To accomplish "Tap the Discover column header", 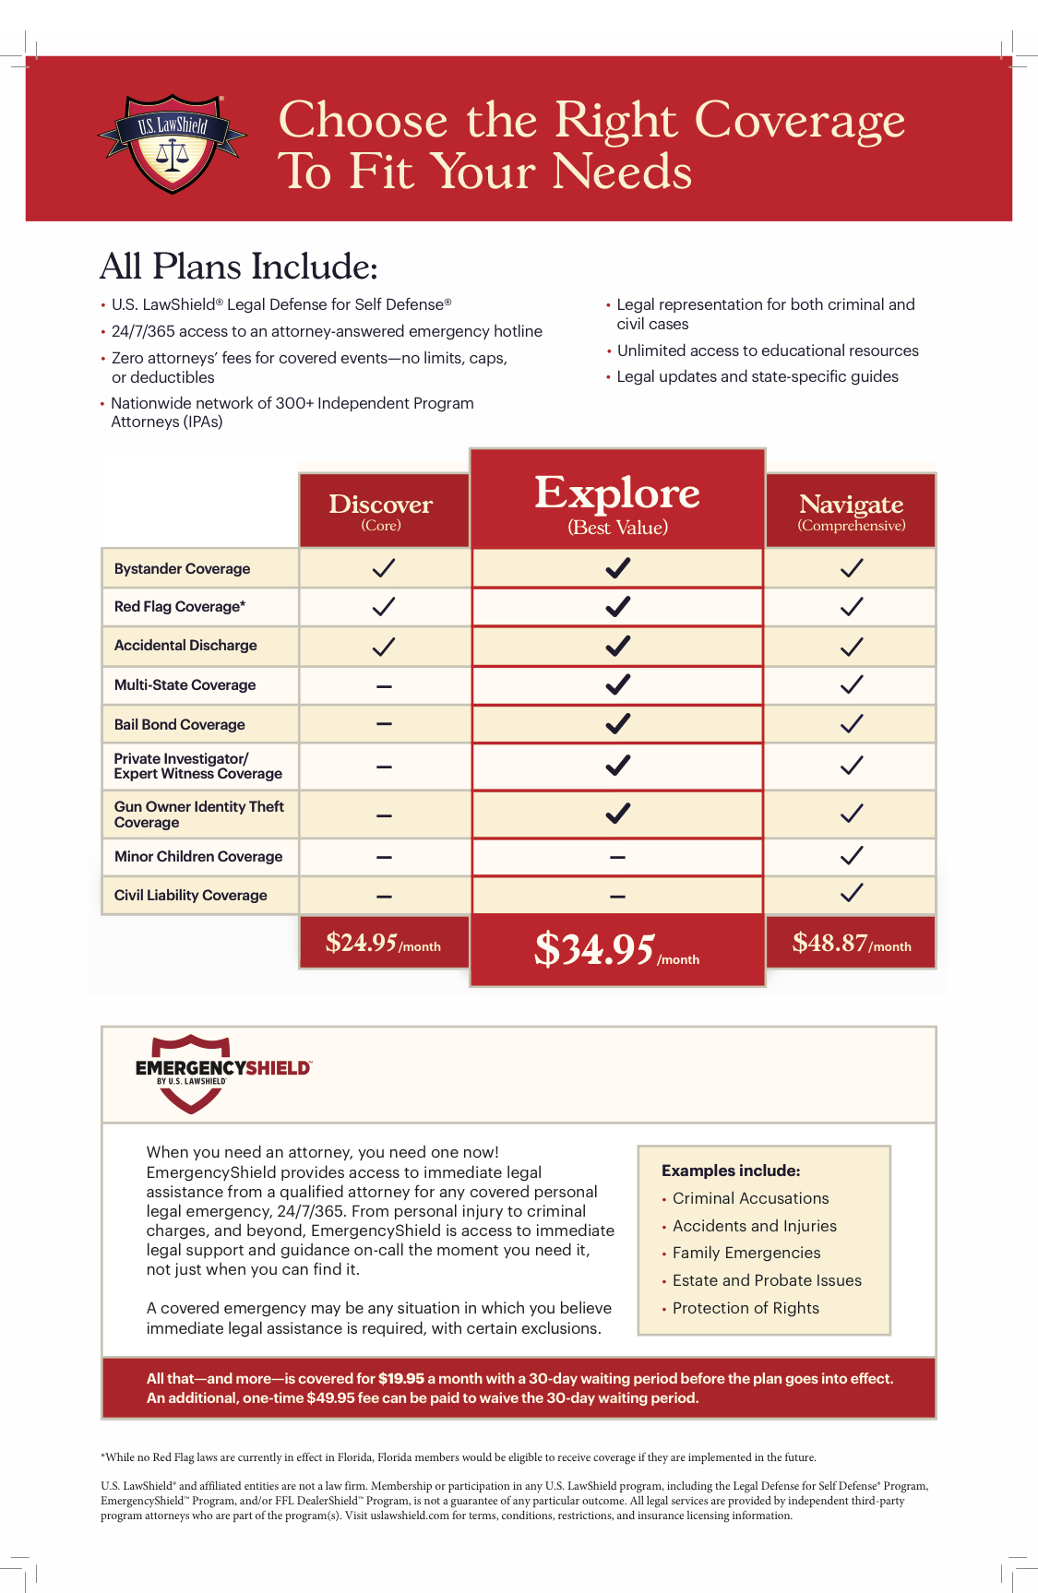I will pyautogui.click(x=381, y=510).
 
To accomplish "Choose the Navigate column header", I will pyautogui.click(x=851, y=510).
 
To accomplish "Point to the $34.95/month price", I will pyautogui.click(x=616, y=949).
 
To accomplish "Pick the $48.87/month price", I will pyautogui.click(x=851, y=943).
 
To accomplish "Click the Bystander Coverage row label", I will pyautogui.click(x=182, y=569).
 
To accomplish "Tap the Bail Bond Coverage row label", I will pyautogui.click(x=180, y=725).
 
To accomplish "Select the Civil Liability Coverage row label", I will pyautogui.click(x=190, y=896).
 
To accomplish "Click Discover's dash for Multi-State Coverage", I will pyautogui.click(x=384, y=686).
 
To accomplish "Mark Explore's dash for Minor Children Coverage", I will pyautogui.click(x=617, y=857).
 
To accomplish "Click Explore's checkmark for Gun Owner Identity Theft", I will pyautogui.click(x=617, y=814).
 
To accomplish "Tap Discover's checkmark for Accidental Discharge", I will pyautogui.click(x=383, y=647).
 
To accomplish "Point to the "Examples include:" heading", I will pyautogui.click(x=731, y=1171).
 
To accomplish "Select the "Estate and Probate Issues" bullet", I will pyautogui.click(x=767, y=1280).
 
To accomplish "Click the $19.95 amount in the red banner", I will pyautogui.click(x=401, y=1379).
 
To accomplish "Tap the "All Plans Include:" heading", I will pyautogui.click(x=239, y=267).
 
